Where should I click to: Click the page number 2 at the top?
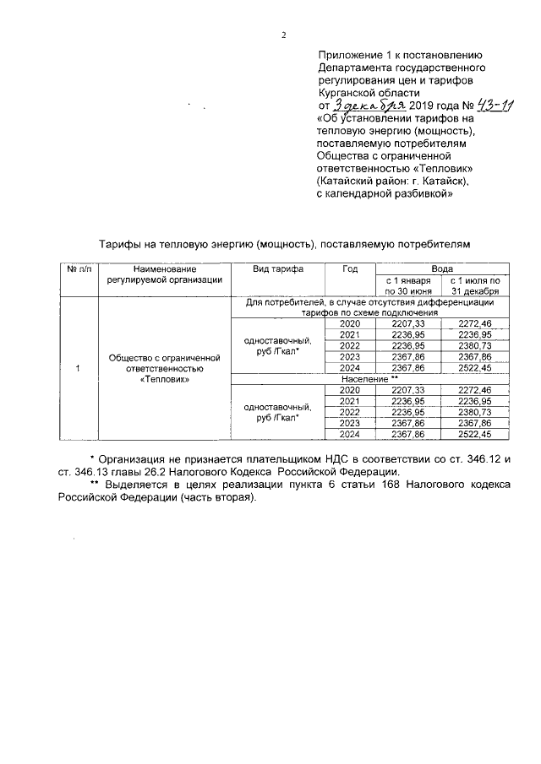(x=284, y=35)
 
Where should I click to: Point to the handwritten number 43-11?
(x=478, y=106)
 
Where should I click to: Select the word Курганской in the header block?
(x=347, y=93)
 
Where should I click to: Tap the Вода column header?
(x=442, y=268)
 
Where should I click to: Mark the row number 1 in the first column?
(x=79, y=368)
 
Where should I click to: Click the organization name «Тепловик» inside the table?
(x=164, y=380)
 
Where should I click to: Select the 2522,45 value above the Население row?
(x=478, y=368)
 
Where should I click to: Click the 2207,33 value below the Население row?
(x=408, y=390)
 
